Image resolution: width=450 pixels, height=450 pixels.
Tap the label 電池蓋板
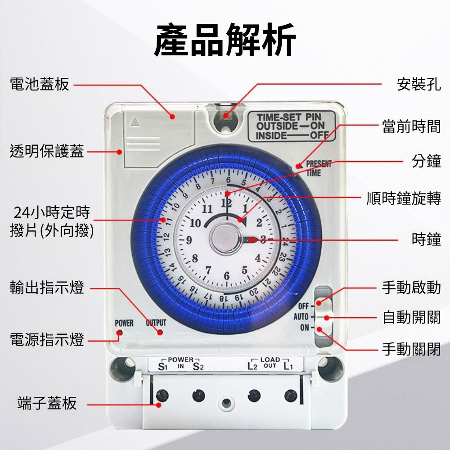pyautogui.click(x=40, y=84)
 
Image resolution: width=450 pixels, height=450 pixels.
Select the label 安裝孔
pyautogui.click(x=418, y=84)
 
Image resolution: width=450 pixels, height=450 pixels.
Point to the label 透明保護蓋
pyautogui.click(x=47, y=152)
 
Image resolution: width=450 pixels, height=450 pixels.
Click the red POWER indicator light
pyautogui.click(x=119, y=333)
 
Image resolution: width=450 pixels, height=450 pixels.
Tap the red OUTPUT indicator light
pyautogui.click(x=160, y=333)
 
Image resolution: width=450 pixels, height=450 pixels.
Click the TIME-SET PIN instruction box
pyautogui.click(x=291, y=126)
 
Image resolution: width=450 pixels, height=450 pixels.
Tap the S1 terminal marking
pyautogui.click(x=162, y=367)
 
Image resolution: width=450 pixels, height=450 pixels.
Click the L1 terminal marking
pyautogui.click(x=288, y=367)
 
